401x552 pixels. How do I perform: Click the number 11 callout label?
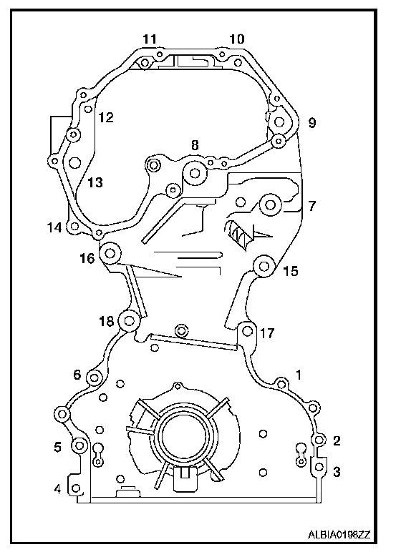[150, 39]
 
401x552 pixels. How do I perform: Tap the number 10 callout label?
[236, 39]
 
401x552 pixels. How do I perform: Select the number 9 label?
[311, 123]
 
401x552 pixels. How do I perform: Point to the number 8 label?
[195, 145]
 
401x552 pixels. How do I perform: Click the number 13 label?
[95, 182]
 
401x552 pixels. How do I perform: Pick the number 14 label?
[54, 227]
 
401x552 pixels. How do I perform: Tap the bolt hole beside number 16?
[110, 253]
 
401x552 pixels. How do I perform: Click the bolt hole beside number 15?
[264, 266]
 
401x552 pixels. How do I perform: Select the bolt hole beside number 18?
[129, 321]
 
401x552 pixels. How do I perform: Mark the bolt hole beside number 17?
[247, 331]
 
